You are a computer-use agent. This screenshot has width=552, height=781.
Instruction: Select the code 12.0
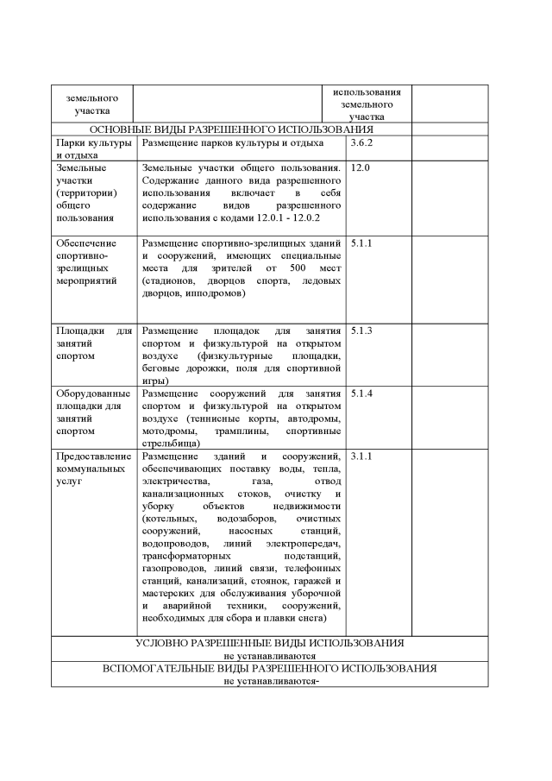[361, 167]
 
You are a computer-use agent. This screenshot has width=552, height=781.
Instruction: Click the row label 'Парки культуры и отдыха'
[93, 148]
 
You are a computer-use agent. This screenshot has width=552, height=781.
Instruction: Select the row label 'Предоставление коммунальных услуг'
[93, 468]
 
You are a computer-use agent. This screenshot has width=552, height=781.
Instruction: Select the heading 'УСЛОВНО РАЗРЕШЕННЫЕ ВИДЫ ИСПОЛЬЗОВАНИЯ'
[269, 643]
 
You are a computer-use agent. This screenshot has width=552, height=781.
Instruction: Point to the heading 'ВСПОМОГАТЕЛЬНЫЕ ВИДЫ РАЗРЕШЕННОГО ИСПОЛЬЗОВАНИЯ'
[269, 668]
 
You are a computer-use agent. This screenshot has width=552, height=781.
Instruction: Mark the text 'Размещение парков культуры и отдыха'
[233, 142]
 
